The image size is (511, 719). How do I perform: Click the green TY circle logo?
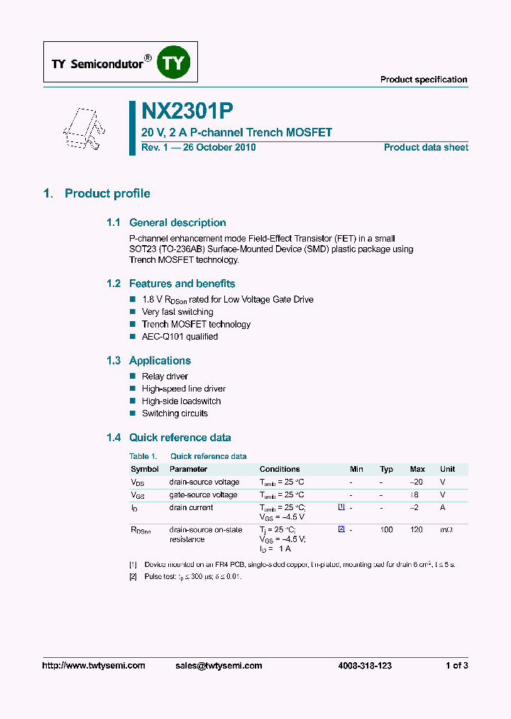point(172,63)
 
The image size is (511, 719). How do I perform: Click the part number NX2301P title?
point(187,111)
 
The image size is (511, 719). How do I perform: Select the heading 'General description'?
point(177,222)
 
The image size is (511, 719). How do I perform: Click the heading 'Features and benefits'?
point(182,283)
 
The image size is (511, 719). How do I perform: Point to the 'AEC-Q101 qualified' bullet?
point(180,337)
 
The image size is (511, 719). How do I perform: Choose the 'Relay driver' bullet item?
point(165,377)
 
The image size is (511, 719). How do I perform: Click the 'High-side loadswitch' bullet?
point(181,401)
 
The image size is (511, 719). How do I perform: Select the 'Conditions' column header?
point(280,469)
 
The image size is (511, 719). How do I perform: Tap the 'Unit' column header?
point(448,469)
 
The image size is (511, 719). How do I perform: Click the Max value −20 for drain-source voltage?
point(417,482)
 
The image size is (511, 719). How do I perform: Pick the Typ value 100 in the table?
point(387,530)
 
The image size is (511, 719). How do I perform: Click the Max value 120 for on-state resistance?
point(417,530)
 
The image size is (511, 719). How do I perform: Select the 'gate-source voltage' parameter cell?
point(203,494)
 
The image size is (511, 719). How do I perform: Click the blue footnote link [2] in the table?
point(341,529)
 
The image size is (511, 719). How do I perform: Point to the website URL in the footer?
point(94,666)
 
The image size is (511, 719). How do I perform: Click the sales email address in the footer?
point(219,666)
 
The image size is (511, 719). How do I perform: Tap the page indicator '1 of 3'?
point(456,666)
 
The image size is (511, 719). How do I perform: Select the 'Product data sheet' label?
point(426,148)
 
